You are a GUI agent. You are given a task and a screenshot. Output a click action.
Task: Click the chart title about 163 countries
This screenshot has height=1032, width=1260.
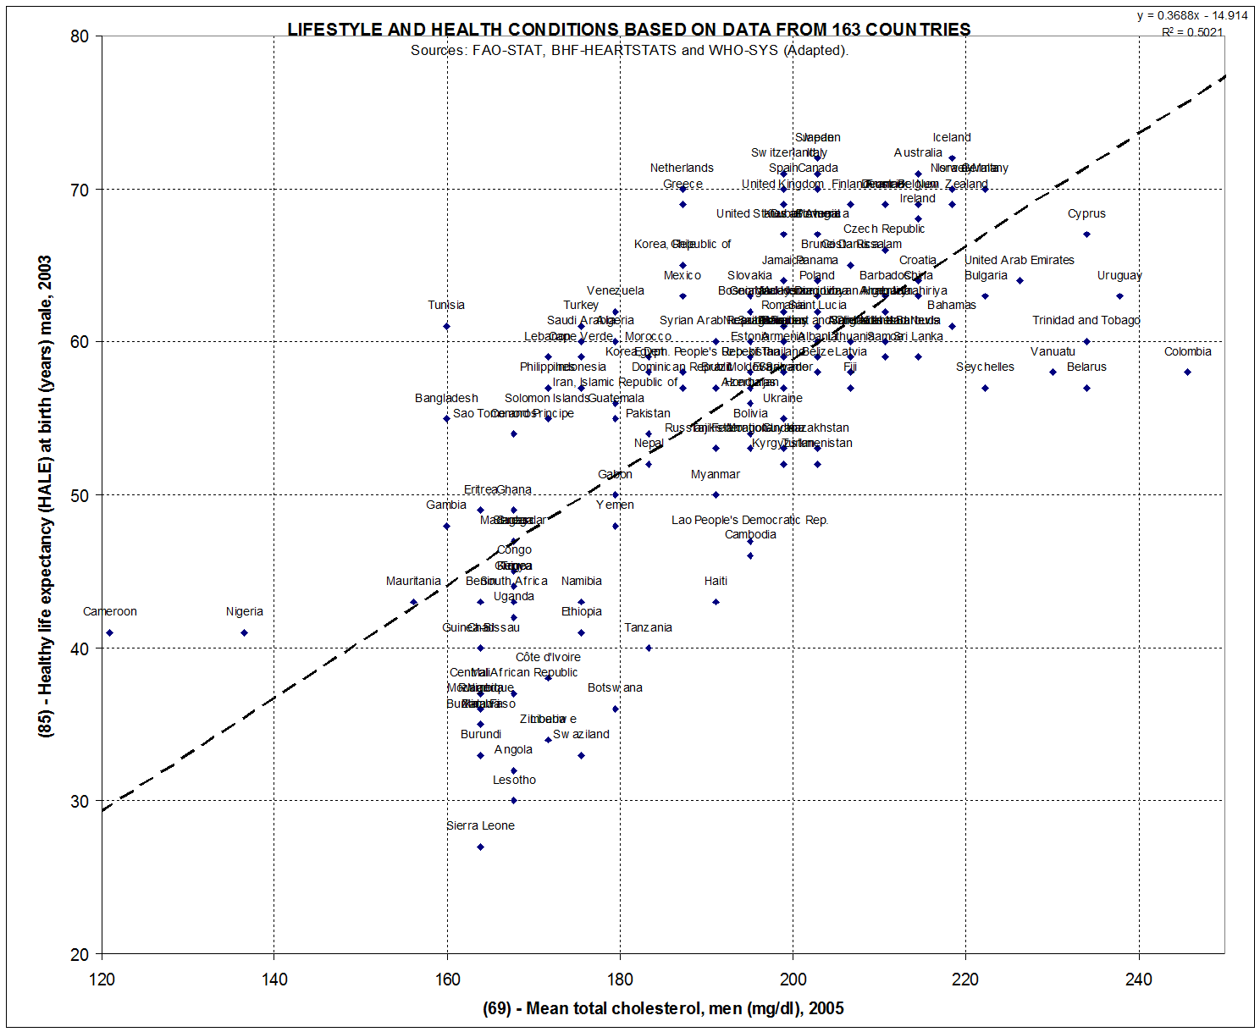pos(628,29)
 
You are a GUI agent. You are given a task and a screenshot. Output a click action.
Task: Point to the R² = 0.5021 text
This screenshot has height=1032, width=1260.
pos(1192,32)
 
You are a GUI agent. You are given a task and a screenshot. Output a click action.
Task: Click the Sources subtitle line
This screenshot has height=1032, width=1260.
pos(629,50)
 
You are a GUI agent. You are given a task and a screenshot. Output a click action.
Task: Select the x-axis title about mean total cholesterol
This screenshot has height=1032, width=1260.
pos(663,1007)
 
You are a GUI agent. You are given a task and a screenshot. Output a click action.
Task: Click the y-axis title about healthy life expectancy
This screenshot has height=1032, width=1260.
pos(47,495)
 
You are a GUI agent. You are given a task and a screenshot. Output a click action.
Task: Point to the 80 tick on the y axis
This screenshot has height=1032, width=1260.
pos(80,36)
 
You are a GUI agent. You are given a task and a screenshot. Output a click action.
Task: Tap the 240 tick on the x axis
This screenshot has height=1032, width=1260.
pos(1138,980)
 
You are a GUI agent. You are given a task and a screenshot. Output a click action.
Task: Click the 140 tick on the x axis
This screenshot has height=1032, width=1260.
pos(274,980)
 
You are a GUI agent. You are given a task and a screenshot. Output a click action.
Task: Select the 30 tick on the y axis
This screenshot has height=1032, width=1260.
pos(80,801)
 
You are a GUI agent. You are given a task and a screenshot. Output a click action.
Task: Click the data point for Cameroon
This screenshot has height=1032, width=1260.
pos(109,632)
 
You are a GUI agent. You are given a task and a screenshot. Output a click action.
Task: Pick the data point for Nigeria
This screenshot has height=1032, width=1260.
pos(244,632)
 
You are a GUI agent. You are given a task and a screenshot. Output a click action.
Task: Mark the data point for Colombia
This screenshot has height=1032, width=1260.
pos(1187,372)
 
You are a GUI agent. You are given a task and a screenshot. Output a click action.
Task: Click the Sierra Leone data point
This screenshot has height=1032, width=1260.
pos(480,847)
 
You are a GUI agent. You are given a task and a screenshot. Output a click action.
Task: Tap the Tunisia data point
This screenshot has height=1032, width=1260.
pos(446,326)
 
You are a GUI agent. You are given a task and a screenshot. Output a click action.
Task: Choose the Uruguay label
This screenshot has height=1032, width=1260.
pos(1119,275)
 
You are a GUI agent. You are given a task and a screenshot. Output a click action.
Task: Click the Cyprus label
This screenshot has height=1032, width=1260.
pos(1086,213)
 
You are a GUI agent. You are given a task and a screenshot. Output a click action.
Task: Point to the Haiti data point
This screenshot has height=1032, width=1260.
pos(716,602)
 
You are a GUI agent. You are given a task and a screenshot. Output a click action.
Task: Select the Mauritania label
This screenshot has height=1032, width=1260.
pos(413,581)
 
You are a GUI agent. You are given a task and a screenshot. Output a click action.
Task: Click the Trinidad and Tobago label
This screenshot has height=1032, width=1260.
pos(1086,320)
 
